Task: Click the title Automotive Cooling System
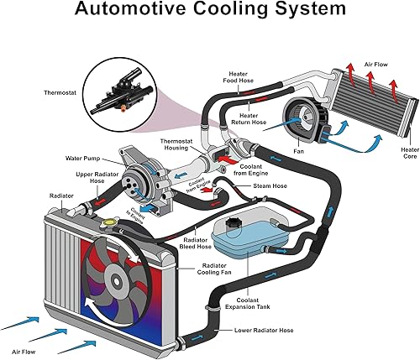pos(209,11)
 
